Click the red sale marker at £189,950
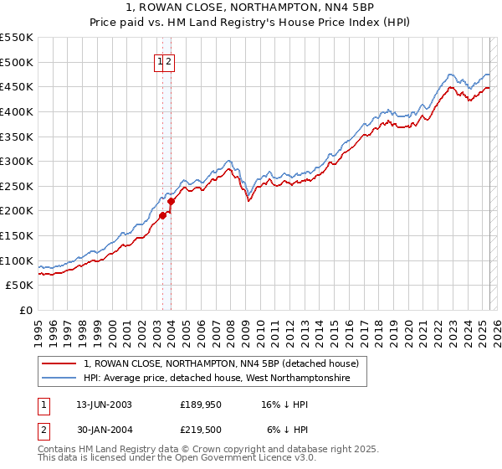coord(163,216)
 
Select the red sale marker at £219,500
coord(172,201)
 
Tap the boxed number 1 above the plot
coord(159,61)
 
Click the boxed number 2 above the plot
coord(168,61)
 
